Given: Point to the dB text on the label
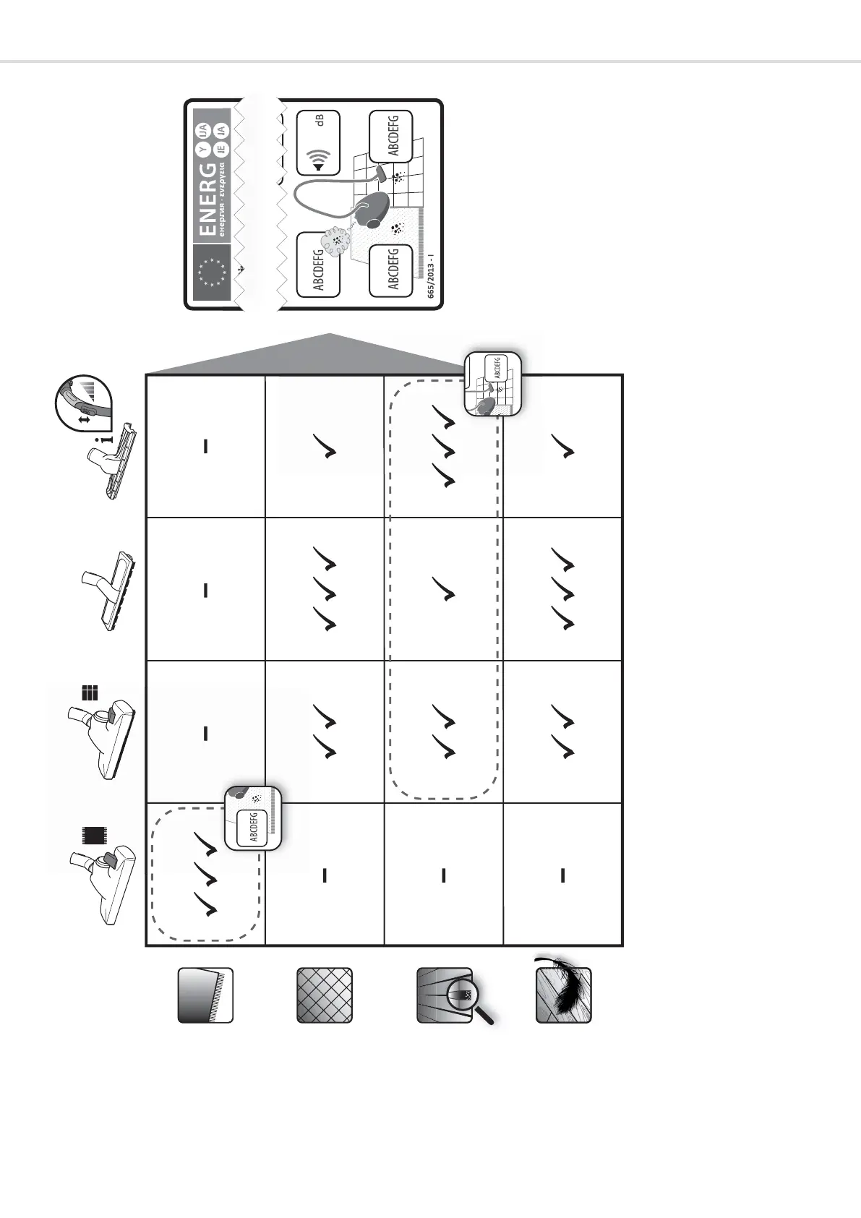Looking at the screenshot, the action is [x=320, y=119].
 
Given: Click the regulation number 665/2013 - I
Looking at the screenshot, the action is [x=431, y=275].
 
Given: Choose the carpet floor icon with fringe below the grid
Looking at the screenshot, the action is [x=205, y=995].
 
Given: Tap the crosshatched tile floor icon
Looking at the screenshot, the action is [x=325, y=995].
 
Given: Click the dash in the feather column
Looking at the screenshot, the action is [x=562, y=875].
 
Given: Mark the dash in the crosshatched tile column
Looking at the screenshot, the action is [x=325, y=875].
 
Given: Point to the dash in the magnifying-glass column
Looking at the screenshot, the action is [x=443, y=875].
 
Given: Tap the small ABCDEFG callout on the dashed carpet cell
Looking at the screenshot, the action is [x=253, y=827].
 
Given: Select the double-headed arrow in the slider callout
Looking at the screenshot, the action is [x=84, y=419].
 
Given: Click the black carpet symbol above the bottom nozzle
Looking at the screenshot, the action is [x=90, y=836].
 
